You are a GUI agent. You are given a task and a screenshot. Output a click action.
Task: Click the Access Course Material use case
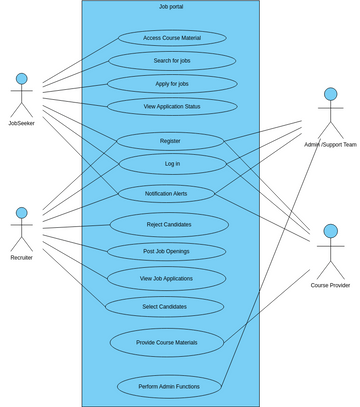click(171, 38)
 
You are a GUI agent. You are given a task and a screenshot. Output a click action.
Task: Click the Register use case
click(170, 141)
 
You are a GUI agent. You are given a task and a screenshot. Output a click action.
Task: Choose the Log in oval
click(171, 163)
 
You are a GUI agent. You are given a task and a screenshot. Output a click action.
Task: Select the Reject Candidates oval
click(168, 224)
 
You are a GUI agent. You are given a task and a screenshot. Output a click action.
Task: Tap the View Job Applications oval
click(166, 278)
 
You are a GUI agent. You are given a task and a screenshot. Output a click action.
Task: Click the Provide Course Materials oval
click(166, 342)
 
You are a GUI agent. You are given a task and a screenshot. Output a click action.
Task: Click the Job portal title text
click(171, 7)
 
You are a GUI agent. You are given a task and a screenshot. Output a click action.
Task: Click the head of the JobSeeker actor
click(21, 78)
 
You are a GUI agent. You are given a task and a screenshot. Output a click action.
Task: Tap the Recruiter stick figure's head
click(21, 213)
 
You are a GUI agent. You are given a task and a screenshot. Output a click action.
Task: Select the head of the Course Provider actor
click(330, 233)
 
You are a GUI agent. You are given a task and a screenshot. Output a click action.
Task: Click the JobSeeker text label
click(21, 123)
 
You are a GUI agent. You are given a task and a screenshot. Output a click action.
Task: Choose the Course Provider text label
click(330, 285)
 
